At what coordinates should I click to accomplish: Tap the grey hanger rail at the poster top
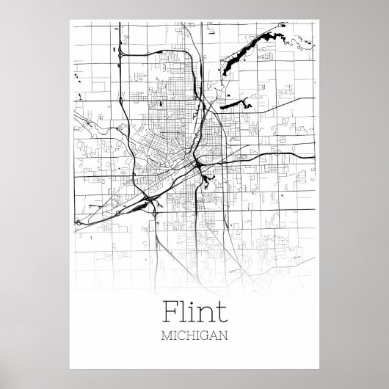[194, 7]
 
